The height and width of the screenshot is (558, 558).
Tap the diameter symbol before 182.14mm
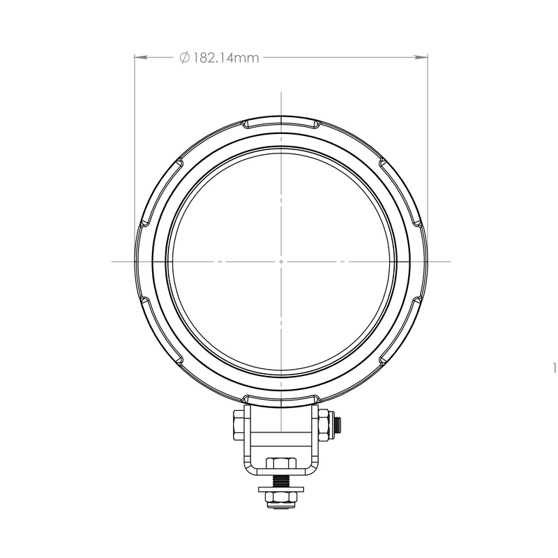click(184, 57)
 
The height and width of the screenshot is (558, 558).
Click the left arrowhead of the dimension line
click(141, 56)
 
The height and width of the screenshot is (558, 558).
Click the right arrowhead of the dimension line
click(421, 56)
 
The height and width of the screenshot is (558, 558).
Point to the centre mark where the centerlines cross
click(281, 262)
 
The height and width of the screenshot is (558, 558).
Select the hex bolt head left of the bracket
click(239, 425)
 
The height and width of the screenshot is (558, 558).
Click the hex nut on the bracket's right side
click(323, 425)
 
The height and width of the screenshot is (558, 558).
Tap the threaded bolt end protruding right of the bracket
click(336, 425)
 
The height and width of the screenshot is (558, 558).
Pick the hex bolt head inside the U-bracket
click(281, 463)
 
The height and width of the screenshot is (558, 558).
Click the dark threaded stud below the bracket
click(281, 481)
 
